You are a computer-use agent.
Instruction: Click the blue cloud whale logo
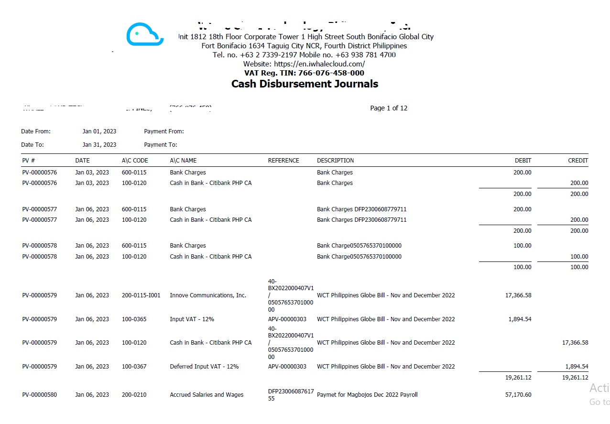145,34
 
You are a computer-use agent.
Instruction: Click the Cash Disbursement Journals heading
305,84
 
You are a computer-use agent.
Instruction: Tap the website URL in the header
304,64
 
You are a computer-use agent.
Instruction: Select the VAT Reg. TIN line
304,73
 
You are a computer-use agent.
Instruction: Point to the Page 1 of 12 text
389,108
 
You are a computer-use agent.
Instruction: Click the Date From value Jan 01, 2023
99,131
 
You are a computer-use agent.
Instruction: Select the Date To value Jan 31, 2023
99,145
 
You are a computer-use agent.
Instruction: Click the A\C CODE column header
135,161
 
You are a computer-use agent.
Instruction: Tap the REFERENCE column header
283,161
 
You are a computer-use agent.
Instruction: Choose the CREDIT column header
578,161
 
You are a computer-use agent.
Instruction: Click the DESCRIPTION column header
335,161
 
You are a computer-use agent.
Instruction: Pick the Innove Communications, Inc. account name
208,295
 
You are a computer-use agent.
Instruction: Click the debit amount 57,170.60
518,395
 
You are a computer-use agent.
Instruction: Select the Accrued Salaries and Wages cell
207,395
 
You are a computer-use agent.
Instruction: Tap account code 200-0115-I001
141,295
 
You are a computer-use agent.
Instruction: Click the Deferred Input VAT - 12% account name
204,367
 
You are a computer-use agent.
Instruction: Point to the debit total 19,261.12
518,378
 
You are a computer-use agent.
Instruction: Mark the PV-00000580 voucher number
39,395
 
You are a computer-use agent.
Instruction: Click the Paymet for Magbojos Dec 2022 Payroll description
367,395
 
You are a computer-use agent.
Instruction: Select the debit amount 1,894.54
520,319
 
